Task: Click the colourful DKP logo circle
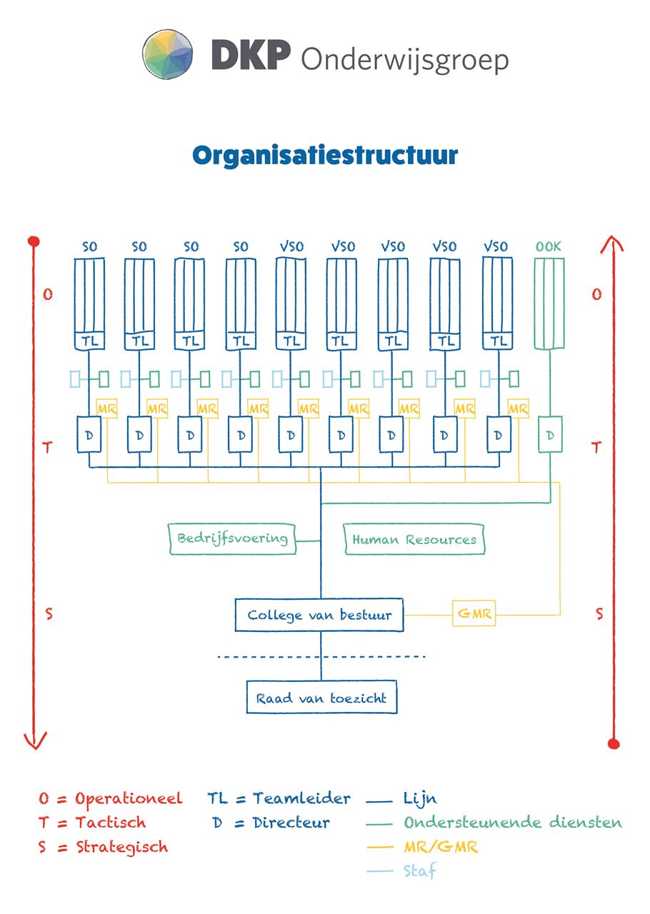tap(168, 54)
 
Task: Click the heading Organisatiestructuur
tap(325, 155)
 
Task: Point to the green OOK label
tap(549, 247)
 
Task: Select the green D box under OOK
tap(549, 434)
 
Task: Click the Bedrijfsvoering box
tap(232, 539)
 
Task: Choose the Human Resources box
tap(414, 540)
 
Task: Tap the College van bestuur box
tap(319, 615)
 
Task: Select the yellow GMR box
tap(474, 613)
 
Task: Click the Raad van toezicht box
tap(321, 698)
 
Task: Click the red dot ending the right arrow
tap(613, 744)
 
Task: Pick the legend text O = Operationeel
tap(111, 798)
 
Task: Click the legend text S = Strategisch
tap(104, 848)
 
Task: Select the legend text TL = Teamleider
tap(279, 798)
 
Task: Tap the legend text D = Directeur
tap(271, 823)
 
